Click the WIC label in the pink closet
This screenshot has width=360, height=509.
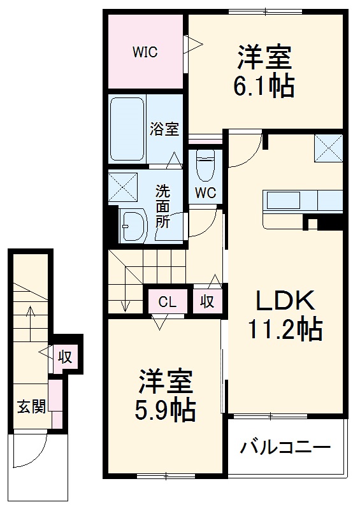pos(145,52)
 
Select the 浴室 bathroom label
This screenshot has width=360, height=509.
pos(164,129)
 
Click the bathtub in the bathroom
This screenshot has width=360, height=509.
pos(126,129)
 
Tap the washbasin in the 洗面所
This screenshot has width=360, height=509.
pos(134,226)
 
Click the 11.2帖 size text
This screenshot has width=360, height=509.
pos(285,329)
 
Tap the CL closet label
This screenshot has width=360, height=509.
pos(168,302)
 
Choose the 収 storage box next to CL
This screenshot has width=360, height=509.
pos(208,301)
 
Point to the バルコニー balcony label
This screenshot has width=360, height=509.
pos(285,447)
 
